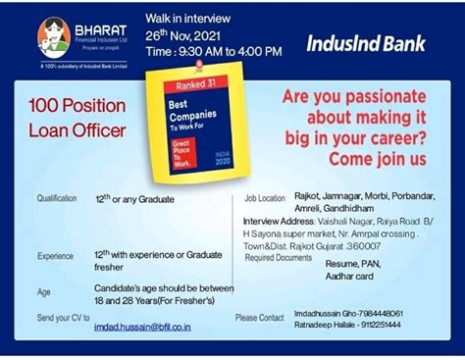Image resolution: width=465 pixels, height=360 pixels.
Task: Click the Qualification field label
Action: click(x=56, y=199)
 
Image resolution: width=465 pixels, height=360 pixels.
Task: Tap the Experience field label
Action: click(x=55, y=256)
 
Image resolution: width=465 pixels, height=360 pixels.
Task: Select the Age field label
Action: click(x=43, y=292)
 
